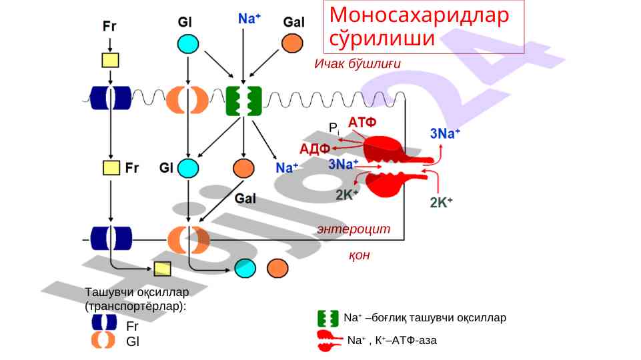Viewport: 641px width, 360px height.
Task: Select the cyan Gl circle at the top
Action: [x=188, y=44]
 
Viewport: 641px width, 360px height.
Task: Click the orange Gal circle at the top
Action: [x=291, y=44]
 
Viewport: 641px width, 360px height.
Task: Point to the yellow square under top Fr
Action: [x=110, y=60]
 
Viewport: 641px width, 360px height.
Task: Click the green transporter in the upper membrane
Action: [x=243, y=101]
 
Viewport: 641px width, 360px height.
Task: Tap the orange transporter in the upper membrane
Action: [x=188, y=100]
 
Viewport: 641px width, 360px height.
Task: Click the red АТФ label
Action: [x=362, y=123]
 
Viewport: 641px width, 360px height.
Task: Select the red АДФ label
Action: [x=315, y=148]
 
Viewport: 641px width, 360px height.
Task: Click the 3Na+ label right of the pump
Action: [x=444, y=133]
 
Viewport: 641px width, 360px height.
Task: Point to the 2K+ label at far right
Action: [x=442, y=203]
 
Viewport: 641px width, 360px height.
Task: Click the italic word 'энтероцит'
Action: [x=354, y=229]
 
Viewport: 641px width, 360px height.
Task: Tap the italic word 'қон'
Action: [x=359, y=255]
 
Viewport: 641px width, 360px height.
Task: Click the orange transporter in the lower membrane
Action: [x=189, y=239]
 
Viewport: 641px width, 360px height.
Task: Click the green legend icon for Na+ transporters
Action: [x=328, y=318]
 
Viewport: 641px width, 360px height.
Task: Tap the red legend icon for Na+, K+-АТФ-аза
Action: [x=330, y=340]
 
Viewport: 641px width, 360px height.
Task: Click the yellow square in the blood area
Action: [x=162, y=268]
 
